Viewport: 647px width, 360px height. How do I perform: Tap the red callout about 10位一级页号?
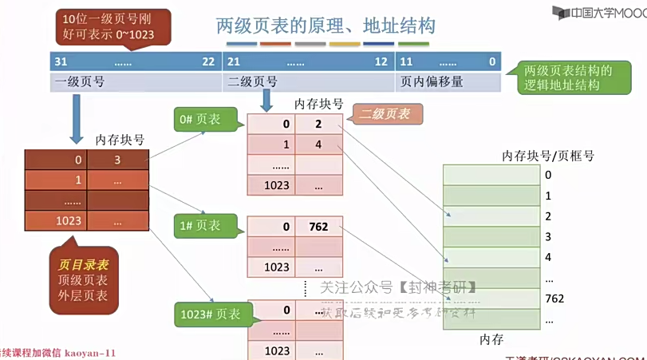tap(108, 27)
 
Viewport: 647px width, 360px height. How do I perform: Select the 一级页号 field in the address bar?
tap(79, 81)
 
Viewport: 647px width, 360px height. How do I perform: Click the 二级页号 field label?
tap(253, 81)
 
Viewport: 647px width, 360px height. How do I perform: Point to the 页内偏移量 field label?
tap(431, 81)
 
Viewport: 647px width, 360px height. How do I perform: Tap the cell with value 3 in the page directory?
tap(116, 160)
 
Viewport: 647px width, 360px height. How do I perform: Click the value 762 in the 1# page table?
tap(318, 227)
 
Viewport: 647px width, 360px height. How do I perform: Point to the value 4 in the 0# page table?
tap(318, 144)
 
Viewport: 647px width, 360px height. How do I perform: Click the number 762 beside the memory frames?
tap(554, 299)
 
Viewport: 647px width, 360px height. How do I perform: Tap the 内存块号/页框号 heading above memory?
tap(547, 156)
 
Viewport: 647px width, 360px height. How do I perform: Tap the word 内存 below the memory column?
tap(491, 339)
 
